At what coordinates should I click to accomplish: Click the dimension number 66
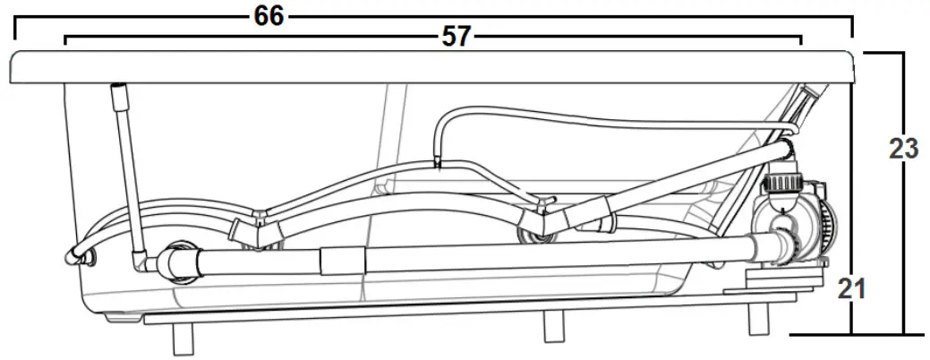(269, 16)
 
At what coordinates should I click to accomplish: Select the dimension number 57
(456, 38)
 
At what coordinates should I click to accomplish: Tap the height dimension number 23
(903, 149)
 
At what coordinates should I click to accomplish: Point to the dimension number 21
(851, 289)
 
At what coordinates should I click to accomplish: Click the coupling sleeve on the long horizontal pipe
(342, 261)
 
